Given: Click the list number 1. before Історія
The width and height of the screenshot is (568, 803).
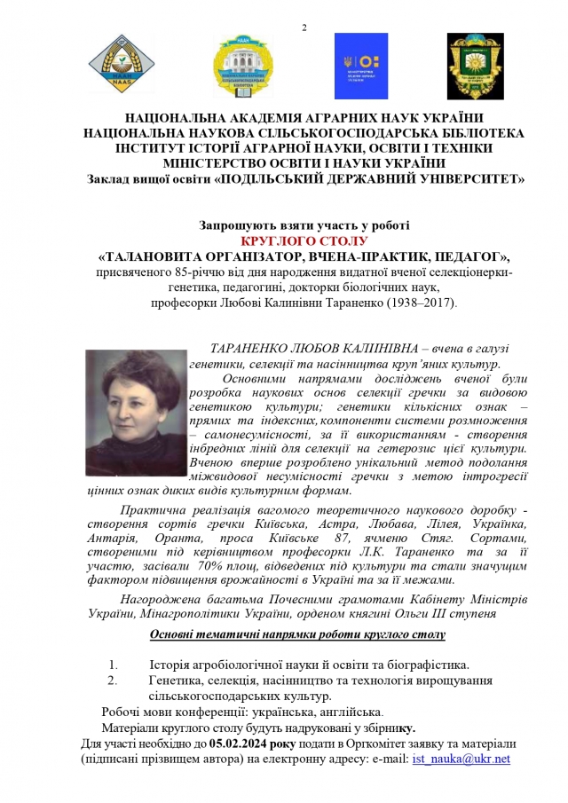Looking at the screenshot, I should click(x=113, y=665).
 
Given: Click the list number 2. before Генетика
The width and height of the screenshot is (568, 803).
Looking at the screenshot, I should click(x=113, y=681).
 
